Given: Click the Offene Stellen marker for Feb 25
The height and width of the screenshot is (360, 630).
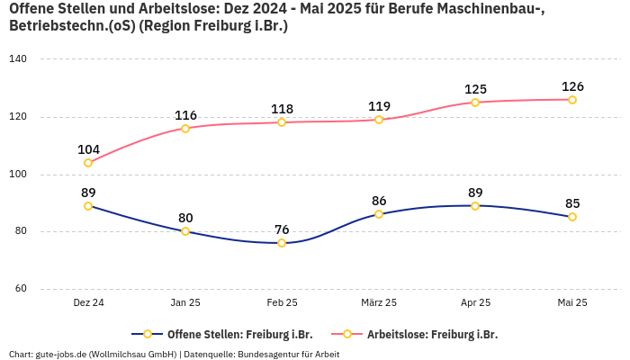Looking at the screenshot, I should tap(282, 243).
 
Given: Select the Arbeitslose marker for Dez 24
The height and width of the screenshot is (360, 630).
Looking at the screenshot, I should tap(88, 163).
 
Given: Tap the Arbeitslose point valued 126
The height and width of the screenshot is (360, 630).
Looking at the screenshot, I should tap(572, 100).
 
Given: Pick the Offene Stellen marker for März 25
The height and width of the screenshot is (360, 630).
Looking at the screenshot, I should tap(379, 214).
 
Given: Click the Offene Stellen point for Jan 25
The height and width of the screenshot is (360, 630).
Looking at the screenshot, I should tap(185, 231).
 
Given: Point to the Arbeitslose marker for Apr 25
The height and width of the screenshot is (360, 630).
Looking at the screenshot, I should tap(475, 103).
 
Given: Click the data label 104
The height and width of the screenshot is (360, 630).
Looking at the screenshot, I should tap(88, 149).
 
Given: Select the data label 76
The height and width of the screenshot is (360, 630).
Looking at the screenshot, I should tap(282, 229).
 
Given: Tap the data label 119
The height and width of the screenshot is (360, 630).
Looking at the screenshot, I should tap(379, 106).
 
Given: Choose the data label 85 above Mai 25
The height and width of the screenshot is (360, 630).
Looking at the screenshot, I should tap(572, 203).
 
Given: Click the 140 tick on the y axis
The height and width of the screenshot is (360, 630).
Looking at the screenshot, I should tap(18, 58).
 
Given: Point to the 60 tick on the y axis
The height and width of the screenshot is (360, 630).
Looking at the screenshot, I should tap(21, 289).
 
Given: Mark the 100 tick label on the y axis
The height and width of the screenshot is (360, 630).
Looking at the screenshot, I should tap(18, 174).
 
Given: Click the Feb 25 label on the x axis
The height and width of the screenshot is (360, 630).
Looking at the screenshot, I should tap(282, 303).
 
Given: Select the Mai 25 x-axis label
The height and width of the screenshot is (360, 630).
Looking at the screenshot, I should tap(572, 303).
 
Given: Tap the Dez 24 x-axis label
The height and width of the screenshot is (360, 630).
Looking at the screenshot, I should tap(88, 303).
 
